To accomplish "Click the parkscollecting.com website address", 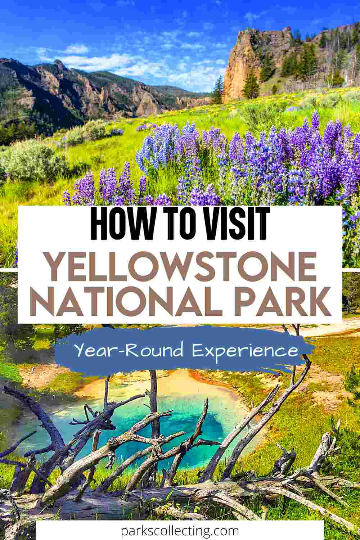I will click(x=180, y=531).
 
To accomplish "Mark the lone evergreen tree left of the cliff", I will click(x=218, y=90).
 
